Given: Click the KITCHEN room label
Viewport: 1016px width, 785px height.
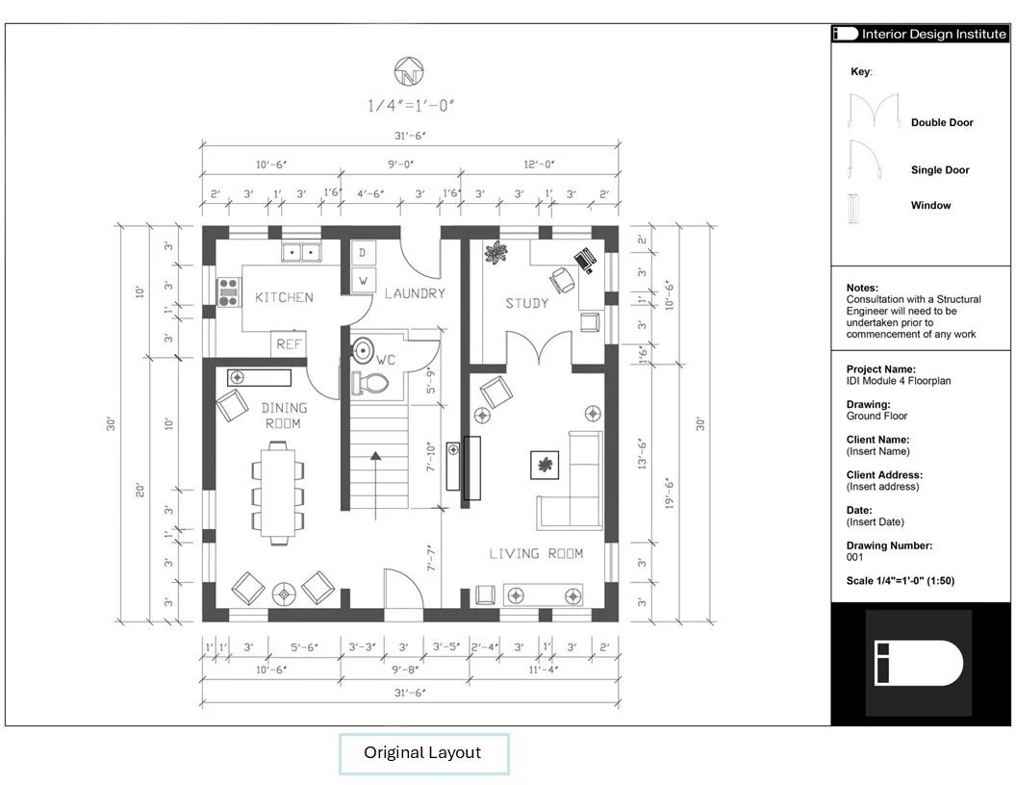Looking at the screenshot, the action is (x=284, y=297).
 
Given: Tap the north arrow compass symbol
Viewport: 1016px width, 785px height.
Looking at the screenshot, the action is (x=409, y=71).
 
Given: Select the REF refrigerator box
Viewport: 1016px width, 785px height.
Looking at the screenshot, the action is (x=289, y=344).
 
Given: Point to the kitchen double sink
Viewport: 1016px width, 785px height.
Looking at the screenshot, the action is (x=301, y=251).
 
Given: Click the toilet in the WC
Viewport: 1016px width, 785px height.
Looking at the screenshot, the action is (x=369, y=384).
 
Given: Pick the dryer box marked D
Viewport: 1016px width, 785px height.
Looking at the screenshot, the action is (x=363, y=253).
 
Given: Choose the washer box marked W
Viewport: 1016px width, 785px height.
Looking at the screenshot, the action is (x=363, y=281).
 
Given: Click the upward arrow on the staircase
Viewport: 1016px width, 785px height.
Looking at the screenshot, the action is (x=376, y=485).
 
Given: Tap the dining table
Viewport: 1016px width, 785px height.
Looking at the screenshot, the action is (x=278, y=492).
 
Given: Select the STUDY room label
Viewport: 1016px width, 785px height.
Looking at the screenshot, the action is (x=527, y=303).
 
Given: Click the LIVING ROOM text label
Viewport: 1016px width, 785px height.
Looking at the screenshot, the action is (x=536, y=554).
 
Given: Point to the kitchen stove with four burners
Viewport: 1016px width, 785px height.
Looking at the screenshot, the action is (x=228, y=292).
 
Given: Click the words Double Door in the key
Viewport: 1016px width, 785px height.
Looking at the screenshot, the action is (x=942, y=122).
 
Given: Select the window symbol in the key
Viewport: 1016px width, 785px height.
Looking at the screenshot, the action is (x=854, y=208).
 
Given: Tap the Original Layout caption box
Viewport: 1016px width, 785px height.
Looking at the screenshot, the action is (x=423, y=753).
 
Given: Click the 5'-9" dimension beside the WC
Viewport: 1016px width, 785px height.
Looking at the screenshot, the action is (x=431, y=381).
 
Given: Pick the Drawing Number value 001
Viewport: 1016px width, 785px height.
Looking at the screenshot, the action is (x=854, y=557).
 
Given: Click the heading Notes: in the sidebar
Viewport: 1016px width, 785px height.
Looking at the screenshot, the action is (x=862, y=288).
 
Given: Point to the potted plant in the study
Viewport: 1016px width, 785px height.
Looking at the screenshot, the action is (x=496, y=252).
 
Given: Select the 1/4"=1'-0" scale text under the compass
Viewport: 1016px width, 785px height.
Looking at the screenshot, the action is (x=411, y=105).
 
